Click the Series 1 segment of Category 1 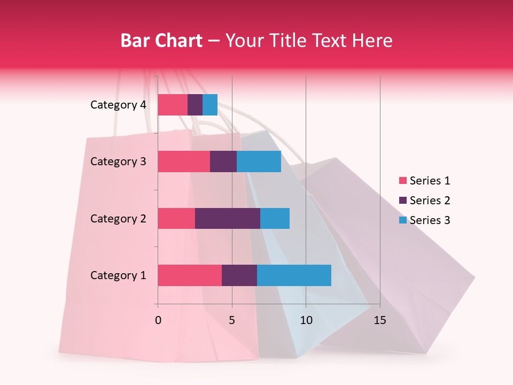[190, 275]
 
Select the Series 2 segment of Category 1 [239, 275]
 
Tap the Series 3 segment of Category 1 [294, 275]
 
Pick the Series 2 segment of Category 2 [228, 218]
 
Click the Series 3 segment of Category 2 [275, 218]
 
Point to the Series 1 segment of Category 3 [184, 161]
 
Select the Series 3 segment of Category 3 [259, 161]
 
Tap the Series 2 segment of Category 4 [195, 105]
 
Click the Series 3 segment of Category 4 [210, 105]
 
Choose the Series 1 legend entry [424, 181]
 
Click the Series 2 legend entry [424, 201]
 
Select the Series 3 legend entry [424, 220]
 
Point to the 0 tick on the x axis [158, 320]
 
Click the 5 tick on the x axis [232, 320]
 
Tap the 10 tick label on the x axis [306, 320]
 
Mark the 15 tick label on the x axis [379, 320]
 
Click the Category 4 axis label [118, 105]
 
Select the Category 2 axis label [118, 218]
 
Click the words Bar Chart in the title [161, 41]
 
